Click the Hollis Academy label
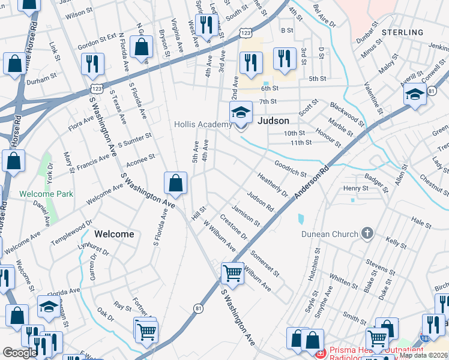point(202,124)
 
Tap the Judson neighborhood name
point(273,121)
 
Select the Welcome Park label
point(46,194)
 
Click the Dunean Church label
point(330,234)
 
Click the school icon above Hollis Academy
point(241,112)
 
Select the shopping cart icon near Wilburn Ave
point(232,273)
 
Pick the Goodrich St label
point(291,168)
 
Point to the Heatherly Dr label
point(273,184)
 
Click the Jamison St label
point(246,217)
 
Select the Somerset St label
point(265,263)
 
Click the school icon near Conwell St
point(415,95)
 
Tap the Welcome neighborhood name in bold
point(114,234)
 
